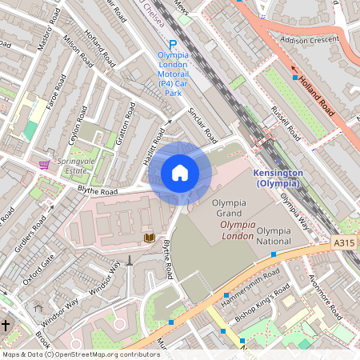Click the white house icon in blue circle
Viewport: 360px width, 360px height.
coord(180,173)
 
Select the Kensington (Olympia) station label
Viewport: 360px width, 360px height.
coord(277,178)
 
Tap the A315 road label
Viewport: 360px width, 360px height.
coord(345,242)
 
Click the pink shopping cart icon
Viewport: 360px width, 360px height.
coord(43,164)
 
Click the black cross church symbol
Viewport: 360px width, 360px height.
coord(6,326)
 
